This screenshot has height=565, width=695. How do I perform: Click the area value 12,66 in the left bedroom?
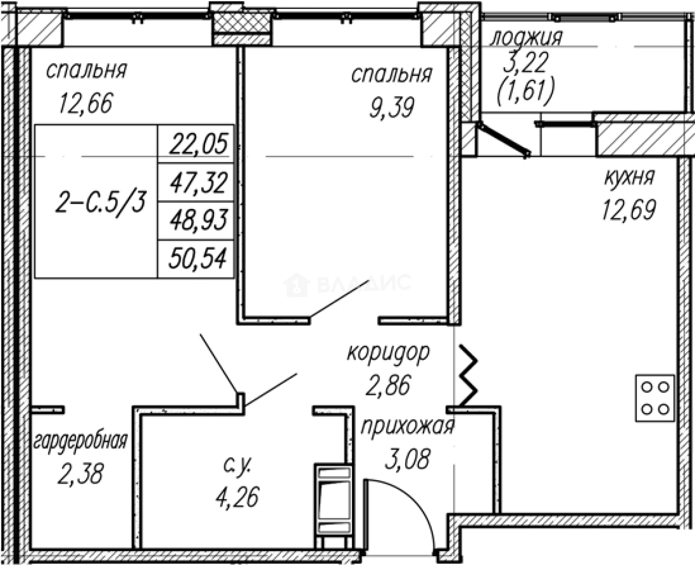point(85,103)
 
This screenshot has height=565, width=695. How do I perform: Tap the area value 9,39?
point(392,107)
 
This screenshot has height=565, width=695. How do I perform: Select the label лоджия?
point(527,38)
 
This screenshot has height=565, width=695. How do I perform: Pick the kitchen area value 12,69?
point(628,210)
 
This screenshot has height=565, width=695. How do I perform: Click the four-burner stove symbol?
point(655,398)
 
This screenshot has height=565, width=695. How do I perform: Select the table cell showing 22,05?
point(196,144)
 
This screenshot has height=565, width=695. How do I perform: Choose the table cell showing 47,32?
point(196,182)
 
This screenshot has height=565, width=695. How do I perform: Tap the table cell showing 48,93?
point(196,221)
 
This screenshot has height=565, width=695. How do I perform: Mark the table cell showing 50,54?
point(196,259)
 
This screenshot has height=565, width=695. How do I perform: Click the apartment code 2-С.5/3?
point(100,202)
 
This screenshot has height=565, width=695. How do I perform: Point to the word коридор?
point(389,353)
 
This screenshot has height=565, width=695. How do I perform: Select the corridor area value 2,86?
point(387,385)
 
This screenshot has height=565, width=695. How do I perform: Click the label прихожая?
point(407,426)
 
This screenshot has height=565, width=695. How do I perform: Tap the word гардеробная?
point(80,441)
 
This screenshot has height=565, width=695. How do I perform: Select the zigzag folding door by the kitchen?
point(468,375)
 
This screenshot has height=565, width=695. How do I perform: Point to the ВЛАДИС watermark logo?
point(346,284)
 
